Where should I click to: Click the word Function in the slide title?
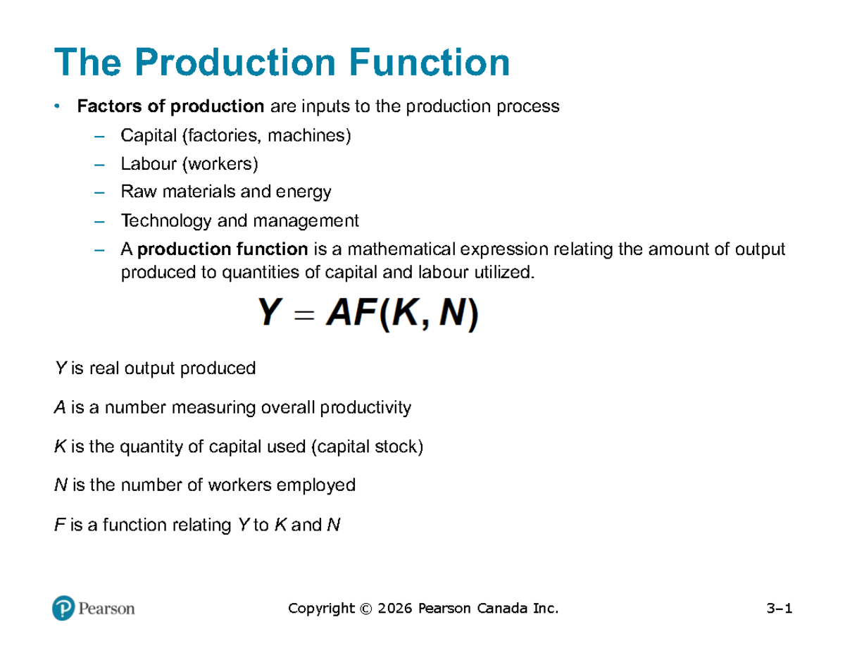429,62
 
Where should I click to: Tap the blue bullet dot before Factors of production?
57,106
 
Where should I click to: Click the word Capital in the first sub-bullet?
149,135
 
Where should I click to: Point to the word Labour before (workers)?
149,163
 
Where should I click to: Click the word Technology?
166,221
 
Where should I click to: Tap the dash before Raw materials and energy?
99,193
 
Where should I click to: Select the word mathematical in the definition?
401,249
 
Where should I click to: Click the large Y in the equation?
269,312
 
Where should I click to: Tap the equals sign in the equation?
304,314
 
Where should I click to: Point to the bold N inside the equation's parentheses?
452,312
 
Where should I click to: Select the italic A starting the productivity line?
60,408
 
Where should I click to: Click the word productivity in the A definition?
365,409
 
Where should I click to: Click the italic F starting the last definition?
59,525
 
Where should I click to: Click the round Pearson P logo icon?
63,608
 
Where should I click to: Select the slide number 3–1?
780,608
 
